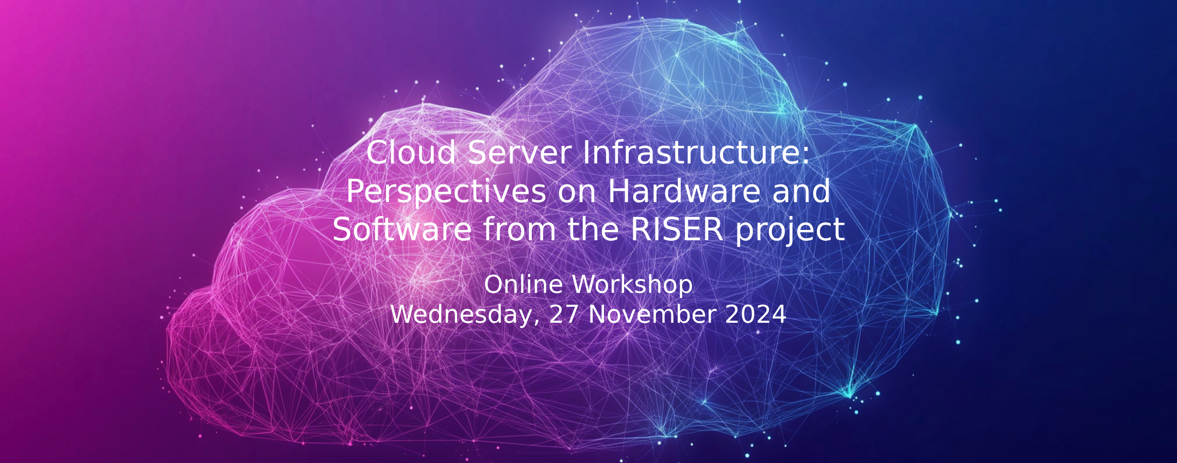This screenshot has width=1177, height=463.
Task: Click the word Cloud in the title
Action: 411,153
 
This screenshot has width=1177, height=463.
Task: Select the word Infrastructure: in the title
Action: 696,153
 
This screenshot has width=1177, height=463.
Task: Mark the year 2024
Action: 755,315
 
